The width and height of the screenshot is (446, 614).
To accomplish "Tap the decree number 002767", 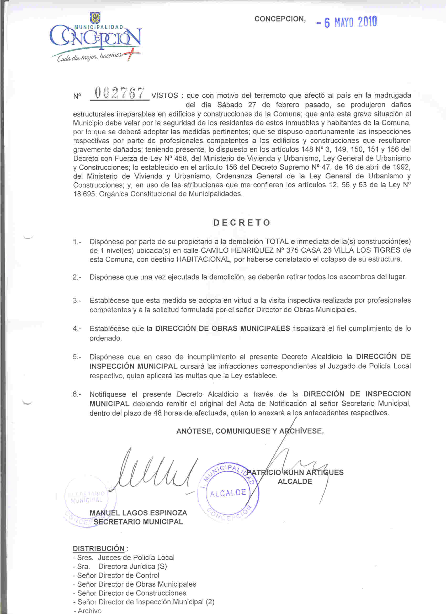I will [119, 93].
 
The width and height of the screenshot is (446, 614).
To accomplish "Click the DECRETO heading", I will [242, 223].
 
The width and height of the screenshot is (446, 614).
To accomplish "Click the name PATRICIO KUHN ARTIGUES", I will [295, 472].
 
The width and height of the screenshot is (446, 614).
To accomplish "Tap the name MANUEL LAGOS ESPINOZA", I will [138, 513].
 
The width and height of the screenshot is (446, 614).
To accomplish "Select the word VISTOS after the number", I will [164, 95].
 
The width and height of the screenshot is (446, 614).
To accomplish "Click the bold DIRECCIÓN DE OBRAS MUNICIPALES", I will [222, 329].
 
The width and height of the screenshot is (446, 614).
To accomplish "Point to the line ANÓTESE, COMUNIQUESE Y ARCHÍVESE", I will [250, 431].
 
